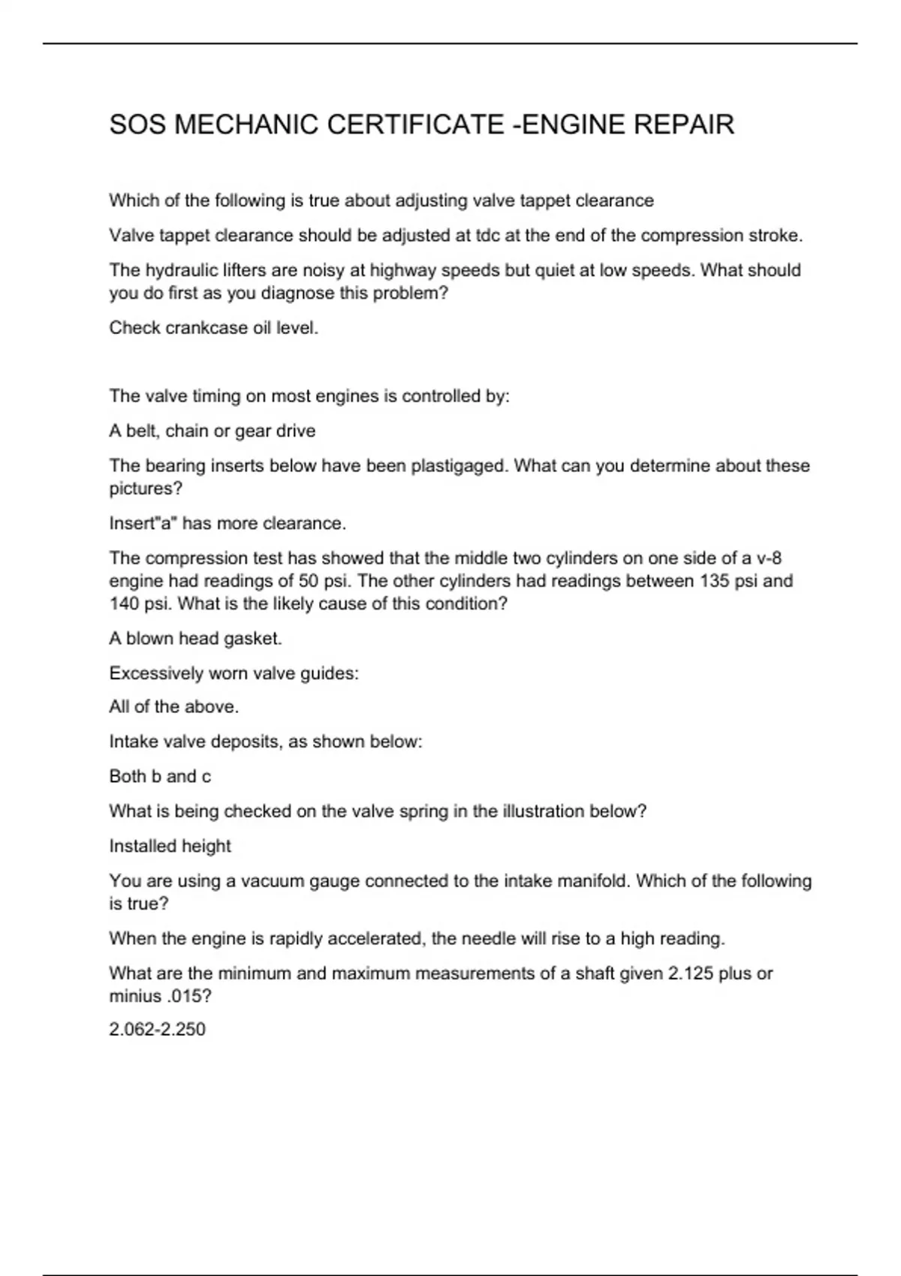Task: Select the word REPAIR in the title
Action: pos(684,125)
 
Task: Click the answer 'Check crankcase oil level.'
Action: pos(214,328)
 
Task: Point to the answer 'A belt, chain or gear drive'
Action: pos(212,431)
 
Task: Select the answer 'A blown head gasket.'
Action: pos(196,639)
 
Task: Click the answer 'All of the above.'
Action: pos(174,707)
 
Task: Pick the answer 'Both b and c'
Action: pos(160,776)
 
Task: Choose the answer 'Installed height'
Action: pos(170,846)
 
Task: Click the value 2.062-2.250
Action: pos(157,1029)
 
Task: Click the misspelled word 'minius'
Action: pos(134,996)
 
